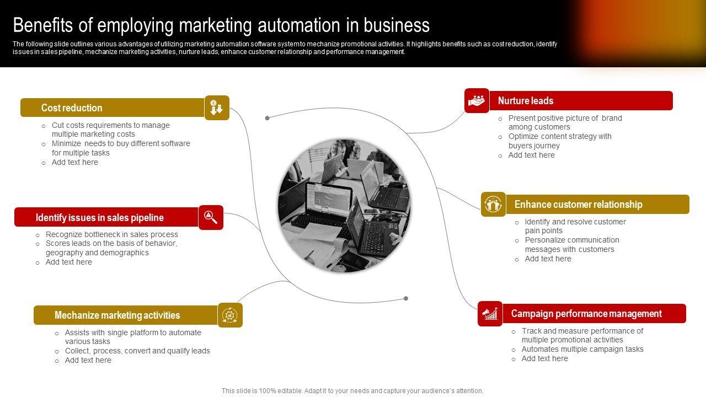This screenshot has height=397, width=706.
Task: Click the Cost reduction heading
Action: click(72, 108)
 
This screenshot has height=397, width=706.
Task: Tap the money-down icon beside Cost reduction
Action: click(217, 108)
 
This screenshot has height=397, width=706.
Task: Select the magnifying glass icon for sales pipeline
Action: click(211, 217)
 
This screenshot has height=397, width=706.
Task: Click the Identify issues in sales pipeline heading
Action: click(99, 218)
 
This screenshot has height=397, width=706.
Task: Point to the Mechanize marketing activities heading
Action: click(117, 315)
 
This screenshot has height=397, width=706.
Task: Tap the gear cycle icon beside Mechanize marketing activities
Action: click(230, 315)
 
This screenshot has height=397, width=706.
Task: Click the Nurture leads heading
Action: click(525, 101)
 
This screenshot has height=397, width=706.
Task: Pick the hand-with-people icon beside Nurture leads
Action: click(477, 101)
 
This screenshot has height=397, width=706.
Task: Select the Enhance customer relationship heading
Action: click(578, 205)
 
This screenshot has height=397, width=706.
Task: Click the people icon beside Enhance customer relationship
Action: click(493, 205)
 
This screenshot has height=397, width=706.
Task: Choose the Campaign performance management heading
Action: click(586, 314)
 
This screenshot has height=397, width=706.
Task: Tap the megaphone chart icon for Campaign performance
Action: click(490, 314)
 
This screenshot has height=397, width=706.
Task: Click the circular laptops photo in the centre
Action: click(344, 205)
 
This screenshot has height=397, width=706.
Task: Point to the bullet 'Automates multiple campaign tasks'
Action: click(582, 349)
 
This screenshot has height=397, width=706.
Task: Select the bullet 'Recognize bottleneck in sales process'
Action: click(111, 234)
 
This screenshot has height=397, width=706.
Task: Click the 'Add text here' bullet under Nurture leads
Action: click(531, 155)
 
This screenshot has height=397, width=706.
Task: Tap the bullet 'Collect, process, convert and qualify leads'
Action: click(137, 351)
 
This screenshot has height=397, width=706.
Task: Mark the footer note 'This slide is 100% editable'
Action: click(352, 390)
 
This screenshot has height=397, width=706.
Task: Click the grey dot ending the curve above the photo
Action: click(268, 118)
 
